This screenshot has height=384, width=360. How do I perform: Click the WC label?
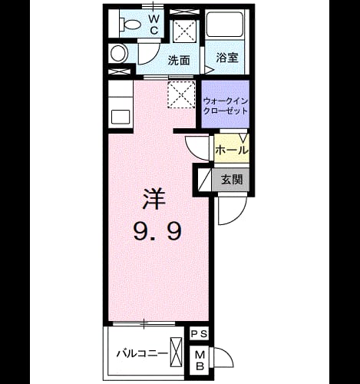coord(154,25)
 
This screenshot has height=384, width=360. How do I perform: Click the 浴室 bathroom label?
coord(227,58)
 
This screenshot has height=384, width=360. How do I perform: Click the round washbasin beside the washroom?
coord(119,54)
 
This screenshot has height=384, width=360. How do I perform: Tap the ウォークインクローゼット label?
coord(226,106)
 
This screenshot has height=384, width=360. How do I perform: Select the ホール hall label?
coord(232,151)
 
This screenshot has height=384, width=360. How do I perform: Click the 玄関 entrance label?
coord(232,180)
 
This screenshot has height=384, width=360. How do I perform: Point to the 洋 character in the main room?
coord(154,199)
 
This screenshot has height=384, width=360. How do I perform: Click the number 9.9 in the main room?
coord(157,231)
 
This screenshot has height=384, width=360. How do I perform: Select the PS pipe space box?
coord(200,334)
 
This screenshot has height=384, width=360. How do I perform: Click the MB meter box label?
coord(200,361)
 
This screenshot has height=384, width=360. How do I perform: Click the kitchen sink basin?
coord(121,117)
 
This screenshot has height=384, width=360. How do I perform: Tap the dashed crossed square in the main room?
coord(181,94)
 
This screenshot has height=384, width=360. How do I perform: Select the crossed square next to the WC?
coord(185,31)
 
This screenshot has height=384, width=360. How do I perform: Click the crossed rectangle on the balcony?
coord(177,352)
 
